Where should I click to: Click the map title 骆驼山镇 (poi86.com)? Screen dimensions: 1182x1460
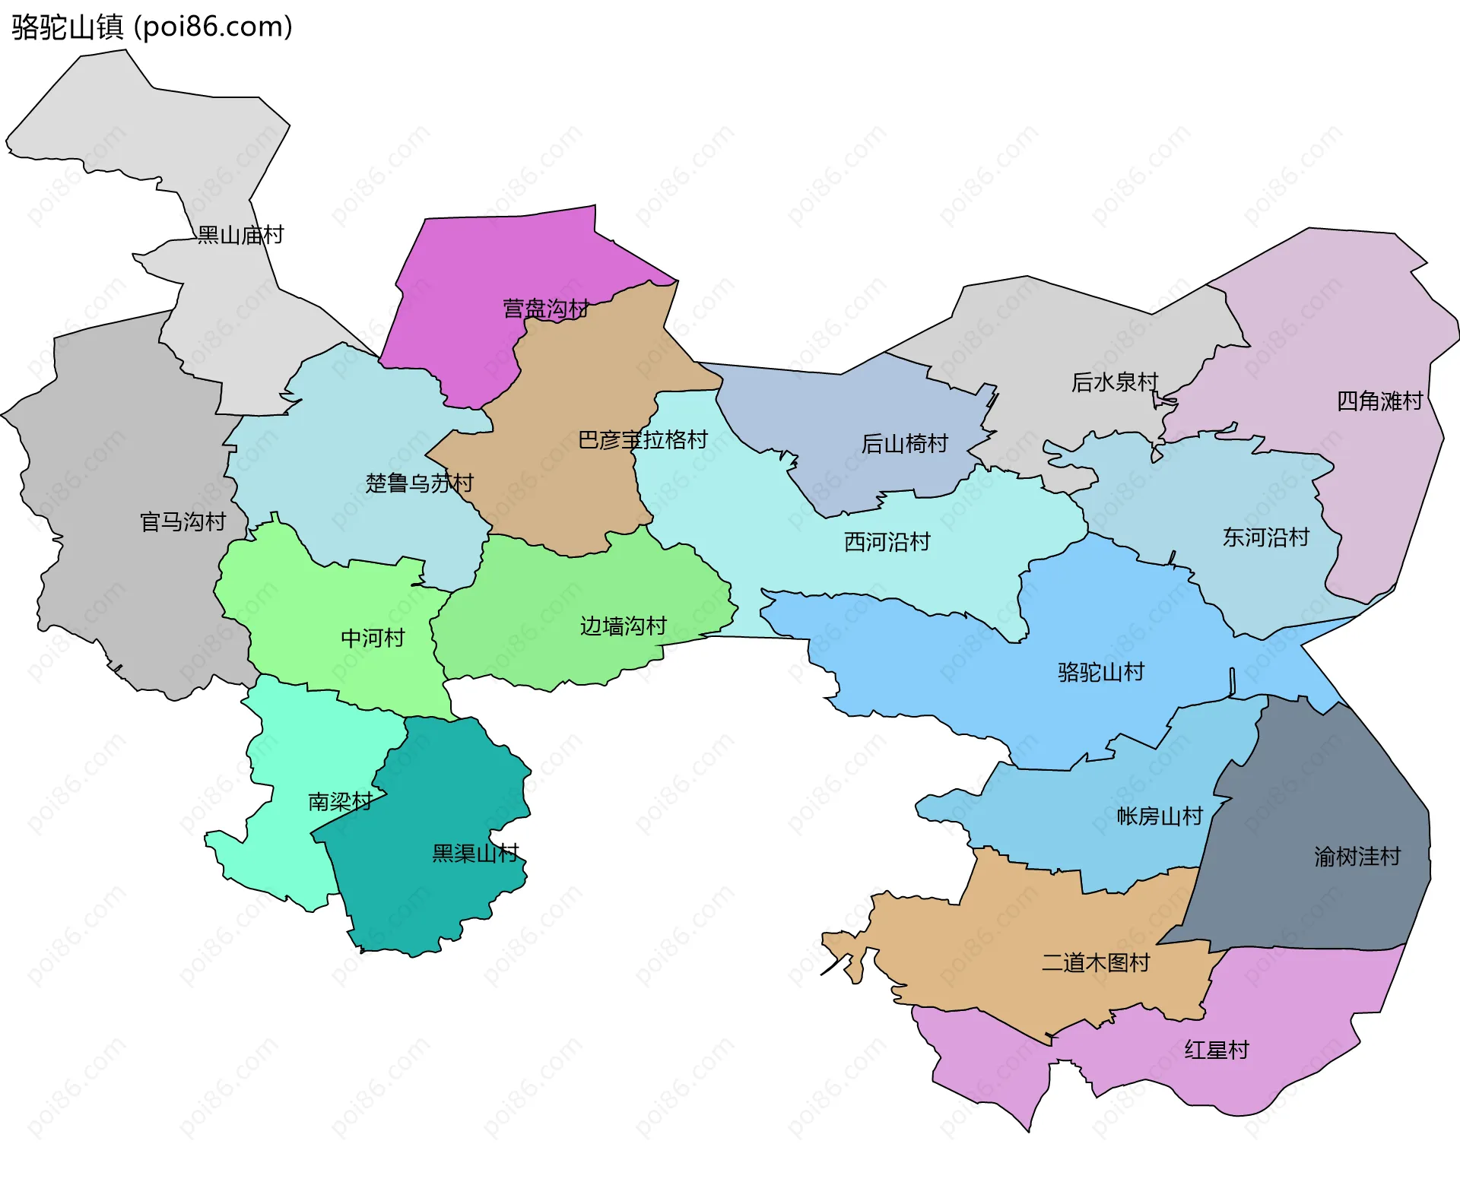tap(152, 27)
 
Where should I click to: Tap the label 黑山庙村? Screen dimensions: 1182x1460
tap(240, 235)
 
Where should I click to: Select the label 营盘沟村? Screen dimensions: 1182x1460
tap(546, 309)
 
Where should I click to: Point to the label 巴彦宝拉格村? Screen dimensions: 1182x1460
tap(643, 439)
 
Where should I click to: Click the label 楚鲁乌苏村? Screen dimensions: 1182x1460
tap(419, 483)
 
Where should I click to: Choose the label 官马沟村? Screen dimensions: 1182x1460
tap(183, 521)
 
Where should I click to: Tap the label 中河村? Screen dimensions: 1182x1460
tap(373, 638)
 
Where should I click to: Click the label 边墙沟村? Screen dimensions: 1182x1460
tap(624, 626)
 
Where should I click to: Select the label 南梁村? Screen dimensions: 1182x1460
tap(340, 801)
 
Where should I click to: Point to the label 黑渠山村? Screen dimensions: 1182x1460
tap(475, 853)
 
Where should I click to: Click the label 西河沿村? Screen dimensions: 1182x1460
tap(887, 541)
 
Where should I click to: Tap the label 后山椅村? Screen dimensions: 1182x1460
tap(905, 443)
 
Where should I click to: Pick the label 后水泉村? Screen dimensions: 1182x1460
tap(1115, 382)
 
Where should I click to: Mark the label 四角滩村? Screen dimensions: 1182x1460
tap(1379, 401)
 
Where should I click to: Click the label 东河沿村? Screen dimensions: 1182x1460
tap(1266, 537)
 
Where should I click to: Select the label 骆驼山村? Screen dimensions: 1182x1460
tap(1101, 672)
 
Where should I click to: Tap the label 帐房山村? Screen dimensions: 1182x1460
tap(1160, 816)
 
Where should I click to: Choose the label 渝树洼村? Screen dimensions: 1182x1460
tap(1357, 857)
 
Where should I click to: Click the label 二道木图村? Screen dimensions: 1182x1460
tap(1096, 962)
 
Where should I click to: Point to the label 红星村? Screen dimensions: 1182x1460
tap(1217, 1050)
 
